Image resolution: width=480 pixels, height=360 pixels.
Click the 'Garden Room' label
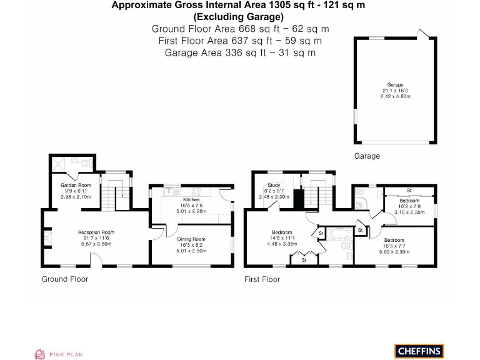coord(76,185)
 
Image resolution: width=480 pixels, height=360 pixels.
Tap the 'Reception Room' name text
coord(96,232)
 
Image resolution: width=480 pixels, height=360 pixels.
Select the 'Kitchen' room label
coord(191,199)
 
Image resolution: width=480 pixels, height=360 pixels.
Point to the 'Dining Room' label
coord(191,239)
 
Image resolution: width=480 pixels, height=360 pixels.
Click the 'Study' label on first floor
coord(274,185)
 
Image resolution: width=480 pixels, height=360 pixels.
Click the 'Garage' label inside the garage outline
coord(394,84)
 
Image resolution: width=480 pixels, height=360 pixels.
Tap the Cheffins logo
coord(418,351)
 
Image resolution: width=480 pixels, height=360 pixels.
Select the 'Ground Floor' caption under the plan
coord(65,279)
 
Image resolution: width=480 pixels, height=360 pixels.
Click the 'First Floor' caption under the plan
coord(262,279)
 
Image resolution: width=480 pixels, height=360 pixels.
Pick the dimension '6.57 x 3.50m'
coord(96,244)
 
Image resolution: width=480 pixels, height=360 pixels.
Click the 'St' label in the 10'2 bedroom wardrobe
coord(409,190)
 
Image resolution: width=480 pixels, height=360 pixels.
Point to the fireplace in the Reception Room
coord(47,237)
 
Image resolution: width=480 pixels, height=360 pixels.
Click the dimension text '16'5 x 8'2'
coord(191,245)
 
